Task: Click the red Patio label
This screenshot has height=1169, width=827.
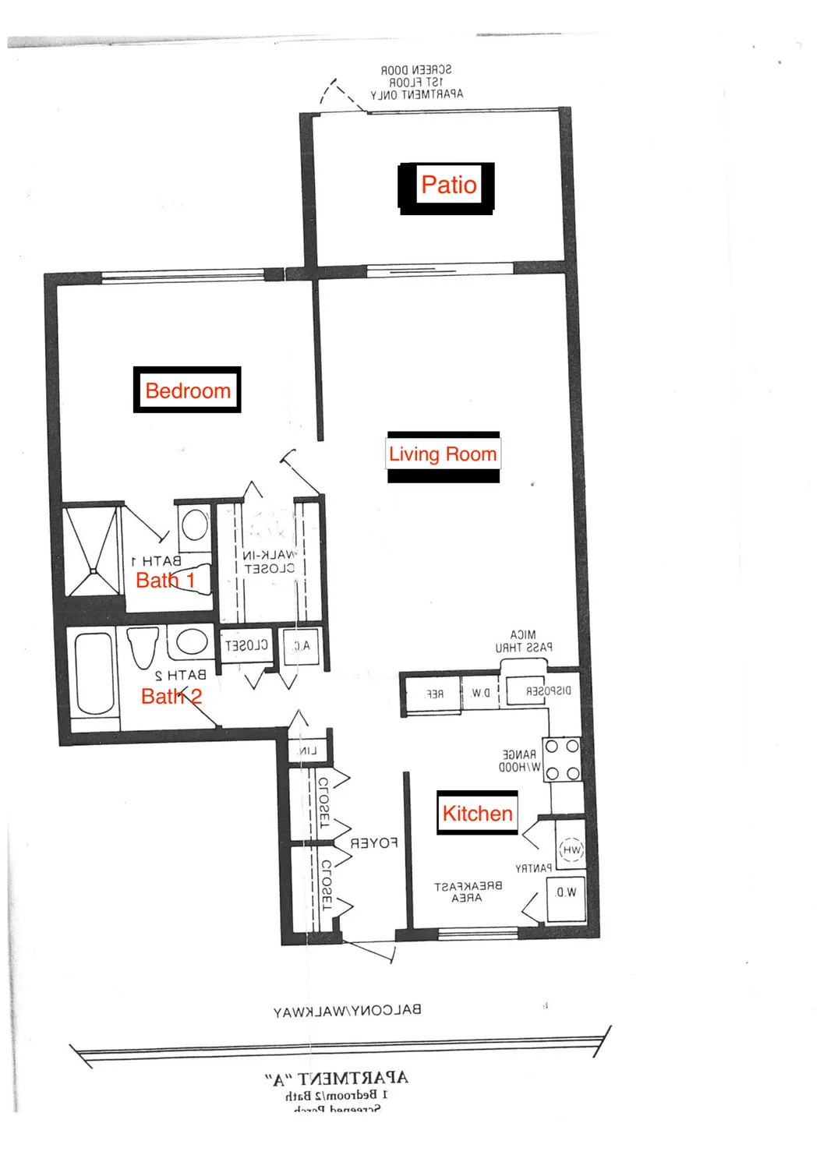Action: coord(448,185)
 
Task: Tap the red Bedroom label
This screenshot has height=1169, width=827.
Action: coord(188,390)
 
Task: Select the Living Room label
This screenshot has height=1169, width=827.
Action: coord(443,454)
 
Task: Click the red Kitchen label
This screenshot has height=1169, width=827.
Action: coord(477,814)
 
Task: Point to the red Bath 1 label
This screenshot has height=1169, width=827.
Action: coord(164,581)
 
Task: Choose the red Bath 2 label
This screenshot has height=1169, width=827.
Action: coord(171,696)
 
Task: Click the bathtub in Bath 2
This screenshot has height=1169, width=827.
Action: coord(94,674)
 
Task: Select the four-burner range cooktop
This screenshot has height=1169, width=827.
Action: coord(561,760)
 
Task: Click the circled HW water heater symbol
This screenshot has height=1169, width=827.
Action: coord(571,850)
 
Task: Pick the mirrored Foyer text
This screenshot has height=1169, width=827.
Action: coord(374,843)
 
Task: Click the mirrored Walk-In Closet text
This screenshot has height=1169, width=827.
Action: coord(268,562)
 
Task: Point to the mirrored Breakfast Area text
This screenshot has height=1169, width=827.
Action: coord(468,892)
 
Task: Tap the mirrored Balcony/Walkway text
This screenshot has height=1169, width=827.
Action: coord(347,1011)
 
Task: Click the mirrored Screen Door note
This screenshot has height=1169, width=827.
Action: coord(416,82)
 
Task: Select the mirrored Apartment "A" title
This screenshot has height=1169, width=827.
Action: coord(337,1079)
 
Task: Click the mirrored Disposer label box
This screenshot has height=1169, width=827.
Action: coord(541,691)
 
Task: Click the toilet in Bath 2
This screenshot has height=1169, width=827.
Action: coord(143,646)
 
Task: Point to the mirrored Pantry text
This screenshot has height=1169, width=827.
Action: coord(533,868)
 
